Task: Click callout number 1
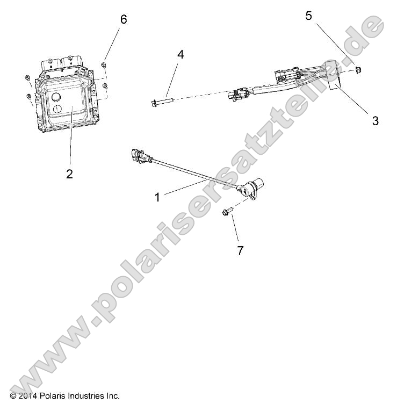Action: pos(157,197)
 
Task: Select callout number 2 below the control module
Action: pos(69,173)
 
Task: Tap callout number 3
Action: pos(375,121)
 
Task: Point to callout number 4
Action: pos(181,54)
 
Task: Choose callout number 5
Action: pos(308,16)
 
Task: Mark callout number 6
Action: pos(124,19)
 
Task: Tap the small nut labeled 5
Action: pos(357,69)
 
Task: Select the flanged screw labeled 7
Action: pos(226,213)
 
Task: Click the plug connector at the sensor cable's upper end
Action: pos(136,156)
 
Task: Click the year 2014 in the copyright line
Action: pos(25,396)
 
